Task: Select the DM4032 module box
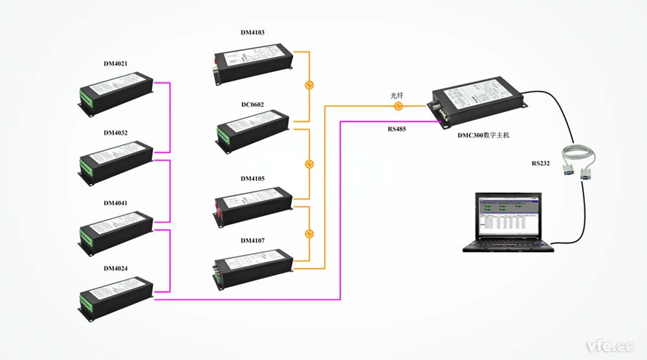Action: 116,158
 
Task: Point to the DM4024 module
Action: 116,296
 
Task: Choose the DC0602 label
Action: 252,104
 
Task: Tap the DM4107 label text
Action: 252,241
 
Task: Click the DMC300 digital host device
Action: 476,100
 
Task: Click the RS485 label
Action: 397,129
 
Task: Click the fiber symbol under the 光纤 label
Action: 399,106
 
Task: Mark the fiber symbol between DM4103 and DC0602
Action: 309,85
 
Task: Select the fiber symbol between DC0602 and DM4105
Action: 309,164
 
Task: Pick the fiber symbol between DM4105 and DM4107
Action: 309,233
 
